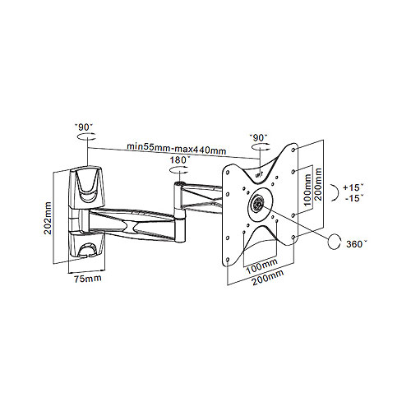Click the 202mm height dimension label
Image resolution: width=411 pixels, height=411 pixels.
pyautogui.click(x=48, y=218)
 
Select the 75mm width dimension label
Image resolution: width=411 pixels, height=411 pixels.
pyautogui.click(x=88, y=279)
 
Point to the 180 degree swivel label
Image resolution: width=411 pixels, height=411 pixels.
pyautogui.click(x=179, y=160)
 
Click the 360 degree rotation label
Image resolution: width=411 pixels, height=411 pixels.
pyautogui.click(x=356, y=244)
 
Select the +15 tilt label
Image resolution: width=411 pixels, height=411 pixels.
pyautogui.click(x=353, y=187)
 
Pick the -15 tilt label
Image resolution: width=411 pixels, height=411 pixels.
pyautogui.click(x=354, y=198)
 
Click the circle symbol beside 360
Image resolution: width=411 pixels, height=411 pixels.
pyautogui.click(x=335, y=242)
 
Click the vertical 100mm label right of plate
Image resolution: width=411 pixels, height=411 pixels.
pyautogui.click(x=307, y=190)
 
